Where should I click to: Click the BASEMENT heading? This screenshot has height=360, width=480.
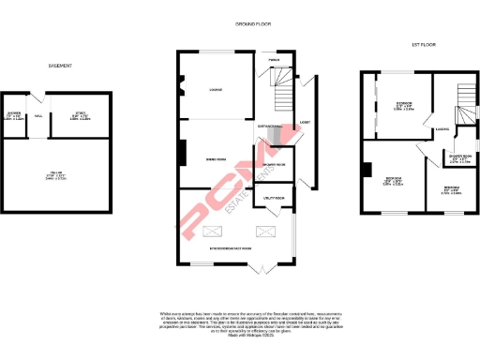click(61, 66)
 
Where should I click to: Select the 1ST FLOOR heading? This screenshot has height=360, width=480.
click(424, 45)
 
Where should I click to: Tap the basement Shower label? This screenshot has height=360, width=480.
click(14, 115)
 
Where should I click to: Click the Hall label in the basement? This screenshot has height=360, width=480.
click(38, 116)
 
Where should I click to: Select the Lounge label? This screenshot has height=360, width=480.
click(215, 90)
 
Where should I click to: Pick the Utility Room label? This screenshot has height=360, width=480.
click(274, 199)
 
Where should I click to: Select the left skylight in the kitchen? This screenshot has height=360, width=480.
click(214, 229)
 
